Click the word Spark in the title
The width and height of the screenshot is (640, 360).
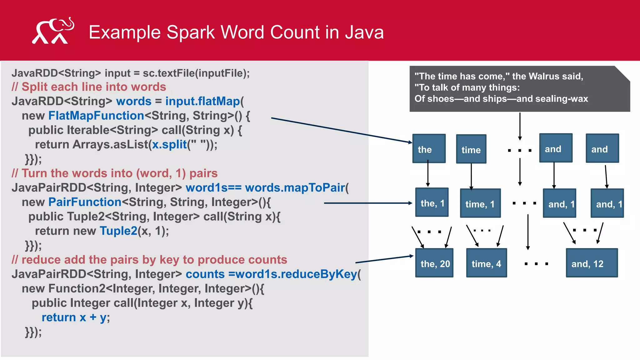pos(191,32)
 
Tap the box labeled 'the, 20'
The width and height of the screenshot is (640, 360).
pos(434,263)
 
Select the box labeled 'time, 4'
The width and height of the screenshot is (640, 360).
pos(486,263)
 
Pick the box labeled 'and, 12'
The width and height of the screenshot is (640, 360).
pos(592,263)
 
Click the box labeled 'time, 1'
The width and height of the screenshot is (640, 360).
pos(480,204)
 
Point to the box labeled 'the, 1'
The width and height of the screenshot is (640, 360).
pos(432,203)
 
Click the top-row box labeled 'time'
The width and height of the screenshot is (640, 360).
pos(471,149)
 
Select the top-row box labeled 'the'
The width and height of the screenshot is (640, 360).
pos(429,149)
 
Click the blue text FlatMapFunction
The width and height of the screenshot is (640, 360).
pos(96,116)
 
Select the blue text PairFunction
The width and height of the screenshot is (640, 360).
pos(85,202)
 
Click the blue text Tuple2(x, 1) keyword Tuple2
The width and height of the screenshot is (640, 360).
pos(118,231)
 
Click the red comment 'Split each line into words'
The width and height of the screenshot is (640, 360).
pos(94,87)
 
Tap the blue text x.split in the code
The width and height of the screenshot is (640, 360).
pos(169,145)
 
